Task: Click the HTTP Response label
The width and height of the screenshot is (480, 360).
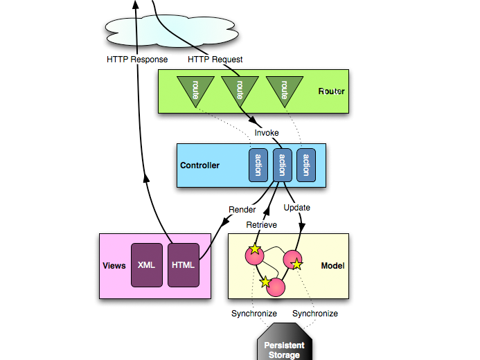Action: click(137, 60)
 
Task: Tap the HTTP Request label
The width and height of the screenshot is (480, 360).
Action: click(215, 60)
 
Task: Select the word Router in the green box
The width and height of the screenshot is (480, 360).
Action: click(331, 91)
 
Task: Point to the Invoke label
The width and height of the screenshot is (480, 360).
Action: click(267, 132)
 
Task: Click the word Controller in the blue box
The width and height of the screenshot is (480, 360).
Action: click(199, 165)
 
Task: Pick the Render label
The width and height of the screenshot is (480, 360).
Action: click(242, 210)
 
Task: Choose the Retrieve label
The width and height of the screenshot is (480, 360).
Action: click(262, 225)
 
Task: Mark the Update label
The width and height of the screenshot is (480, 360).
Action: click(297, 207)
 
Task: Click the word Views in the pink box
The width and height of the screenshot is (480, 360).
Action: click(114, 266)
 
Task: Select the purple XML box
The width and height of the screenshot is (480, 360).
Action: click(147, 265)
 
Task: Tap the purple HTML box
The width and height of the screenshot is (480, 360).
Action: click(184, 265)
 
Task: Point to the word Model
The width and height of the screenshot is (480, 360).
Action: click(332, 266)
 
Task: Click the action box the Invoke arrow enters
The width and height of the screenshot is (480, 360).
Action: click(281, 165)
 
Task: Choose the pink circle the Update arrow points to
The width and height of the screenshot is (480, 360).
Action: click(293, 260)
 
